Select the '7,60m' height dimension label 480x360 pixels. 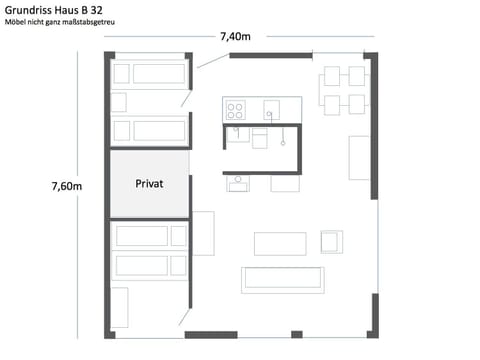[66, 186]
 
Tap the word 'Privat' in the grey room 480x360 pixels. [149, 184]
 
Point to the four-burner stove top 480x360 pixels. [236, 109]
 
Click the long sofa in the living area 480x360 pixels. [283, 279]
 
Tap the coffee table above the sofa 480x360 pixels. [280, 243]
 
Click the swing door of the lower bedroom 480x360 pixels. [187, 310]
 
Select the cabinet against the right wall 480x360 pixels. [359, 157]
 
